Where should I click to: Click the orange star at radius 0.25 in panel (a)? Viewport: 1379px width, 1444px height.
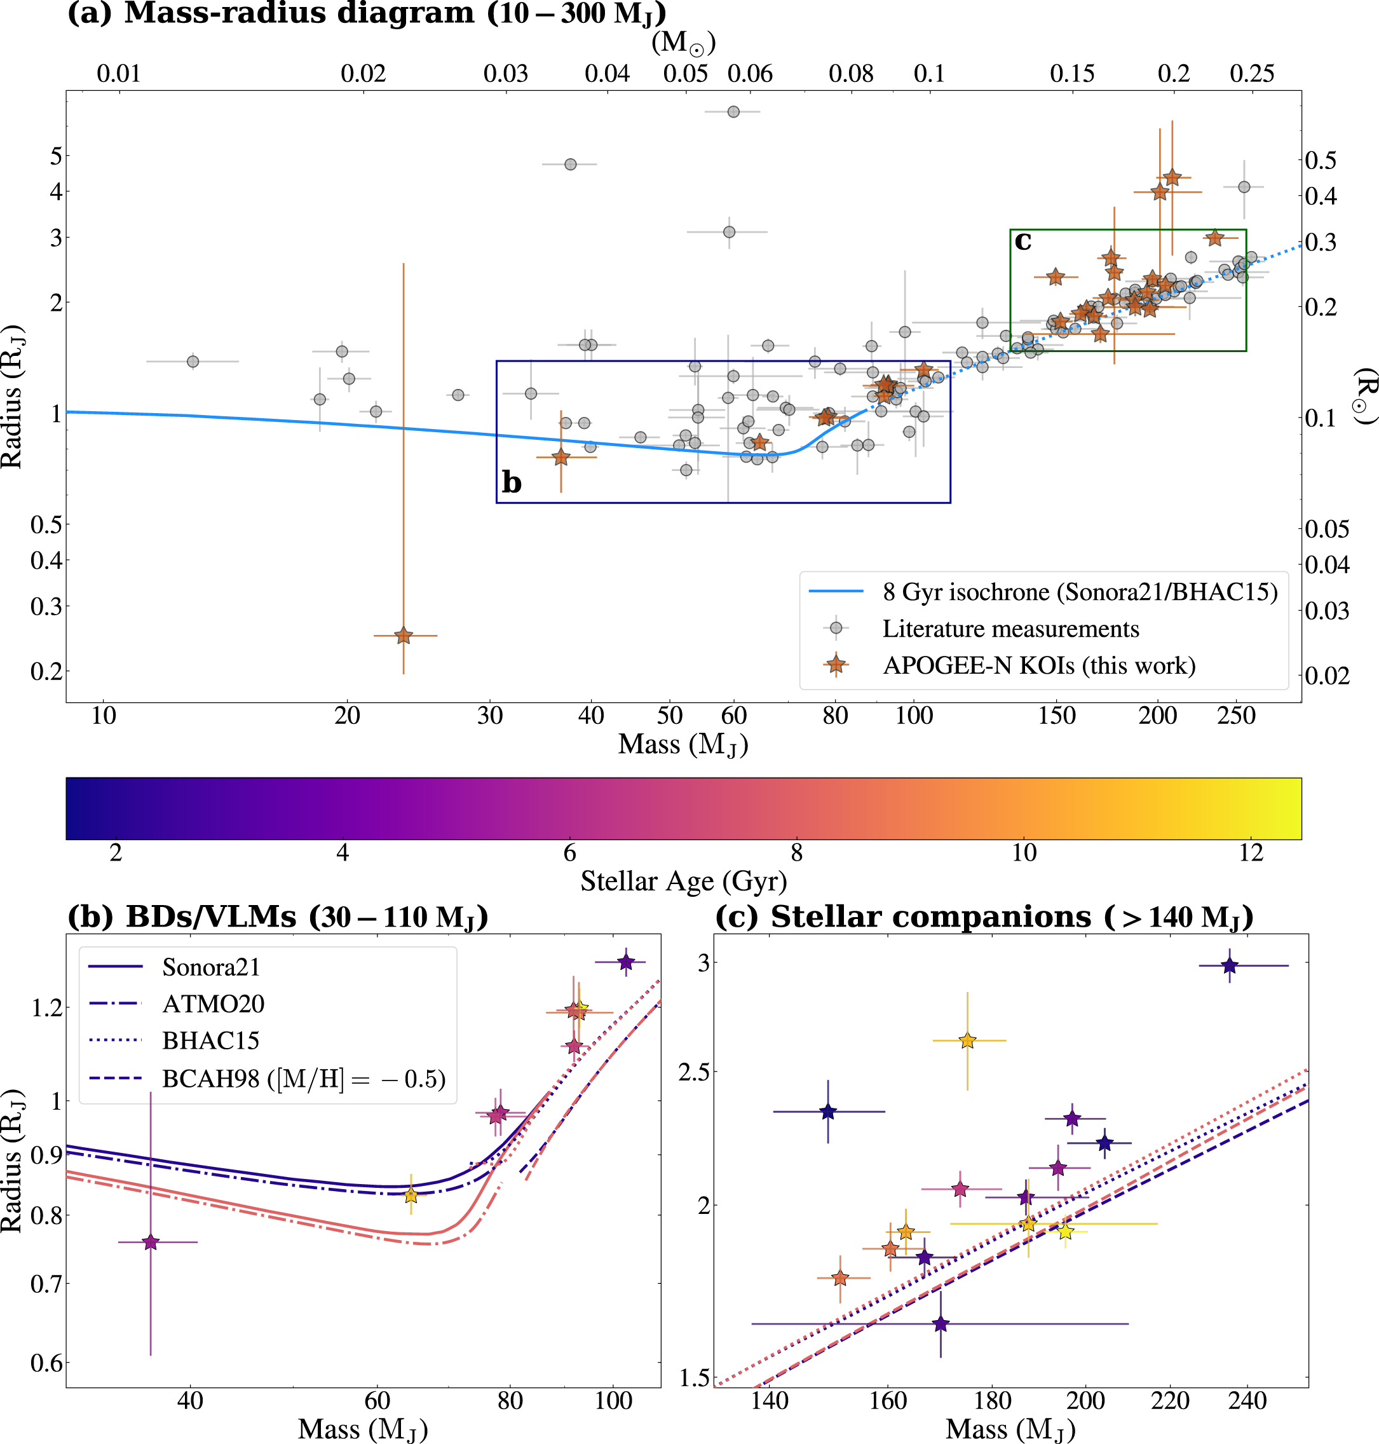click(403, 635)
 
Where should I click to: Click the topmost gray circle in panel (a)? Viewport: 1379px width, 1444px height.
click(733, 112)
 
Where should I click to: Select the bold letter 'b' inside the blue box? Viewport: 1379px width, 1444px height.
click(511, 482)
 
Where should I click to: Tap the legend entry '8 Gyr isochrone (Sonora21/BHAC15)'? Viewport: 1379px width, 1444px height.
click(1079, 592)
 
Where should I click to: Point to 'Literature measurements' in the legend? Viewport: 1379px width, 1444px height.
click(1010, 629)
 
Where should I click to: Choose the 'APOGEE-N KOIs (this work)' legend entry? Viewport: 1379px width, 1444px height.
click(1038, 665)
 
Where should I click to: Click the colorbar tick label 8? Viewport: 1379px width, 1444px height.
click(796, 853)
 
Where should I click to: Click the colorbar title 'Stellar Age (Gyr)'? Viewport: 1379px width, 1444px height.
click(683, 881)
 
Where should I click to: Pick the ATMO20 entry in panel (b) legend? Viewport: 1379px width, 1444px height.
click(212, 1004)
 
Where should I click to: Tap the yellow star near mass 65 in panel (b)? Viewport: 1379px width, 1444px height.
click(411, 1195)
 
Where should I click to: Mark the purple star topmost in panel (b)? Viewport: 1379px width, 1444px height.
click(625, 962)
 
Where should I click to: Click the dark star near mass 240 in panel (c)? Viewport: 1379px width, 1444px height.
click(1230, 965)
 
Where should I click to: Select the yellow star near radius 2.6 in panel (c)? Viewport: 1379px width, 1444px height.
click(967, 1040)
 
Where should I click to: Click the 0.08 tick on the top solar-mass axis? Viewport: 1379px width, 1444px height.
click(850, 74)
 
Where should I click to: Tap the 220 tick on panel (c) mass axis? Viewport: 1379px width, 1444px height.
click(1169, 1401)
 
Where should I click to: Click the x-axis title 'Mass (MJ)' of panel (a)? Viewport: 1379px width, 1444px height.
click(683, 744)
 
